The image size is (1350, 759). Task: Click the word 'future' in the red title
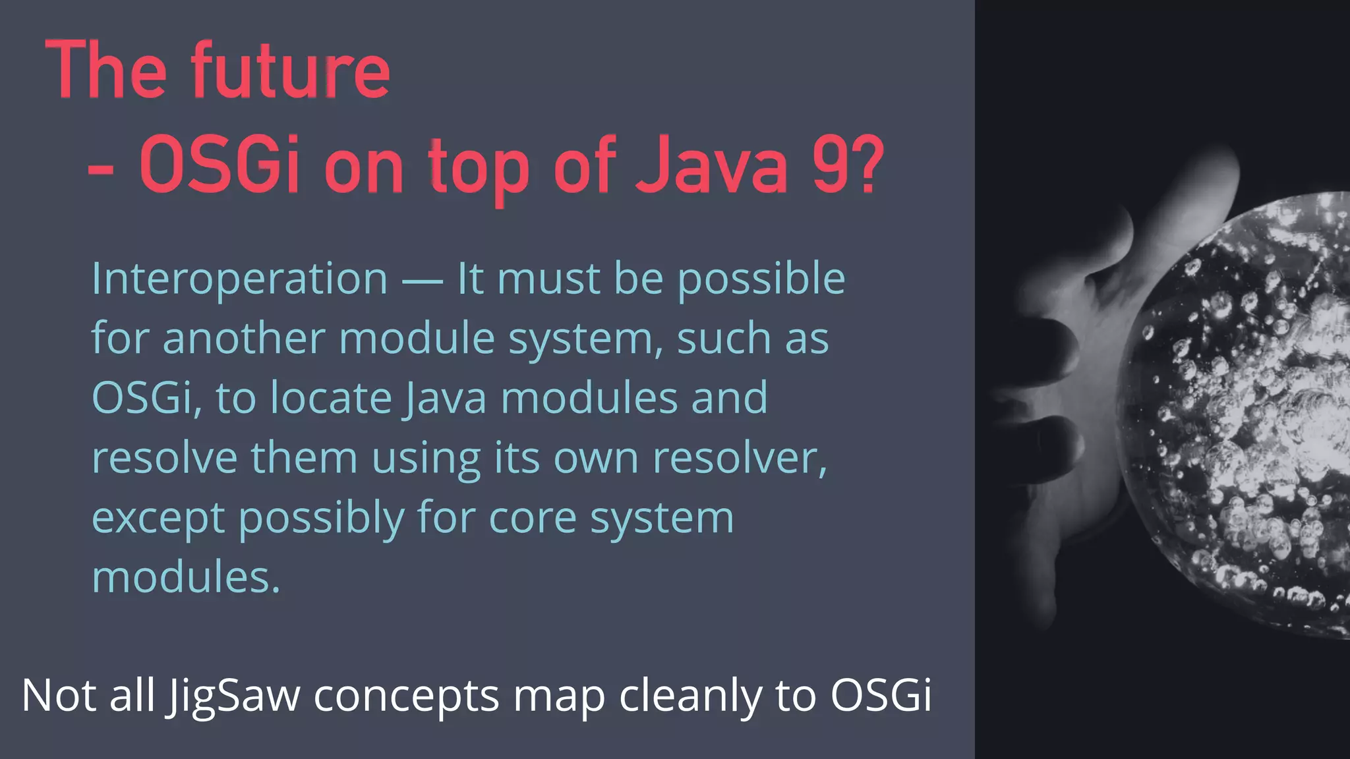(291, 70)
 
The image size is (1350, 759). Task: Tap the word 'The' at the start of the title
(105, 70)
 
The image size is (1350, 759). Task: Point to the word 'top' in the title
(479, 168)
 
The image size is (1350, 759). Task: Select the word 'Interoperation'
(240, 279)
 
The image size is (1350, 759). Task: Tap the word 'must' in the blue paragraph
(548, 279)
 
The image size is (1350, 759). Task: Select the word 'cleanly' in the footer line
(690, 696)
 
